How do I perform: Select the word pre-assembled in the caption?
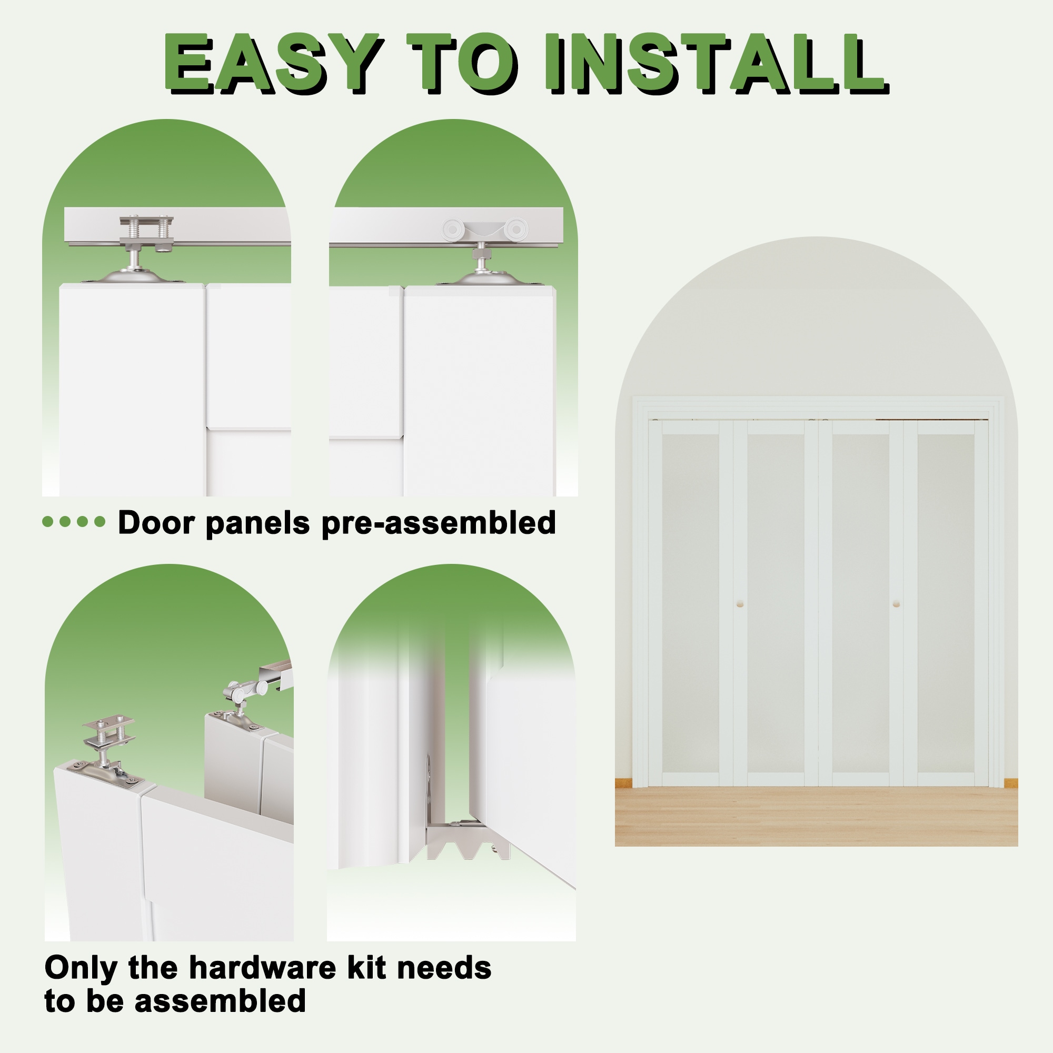pos(439,523)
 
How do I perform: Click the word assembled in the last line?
pos(220,1001)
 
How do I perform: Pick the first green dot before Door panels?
pos(48,522)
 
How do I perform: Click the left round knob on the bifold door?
pos(740,604)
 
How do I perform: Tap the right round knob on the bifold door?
pos(896,604)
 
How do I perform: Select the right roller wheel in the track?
pos(515,230)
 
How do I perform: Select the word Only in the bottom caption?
pos(81,969)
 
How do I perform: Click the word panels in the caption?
pos(258,523)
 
